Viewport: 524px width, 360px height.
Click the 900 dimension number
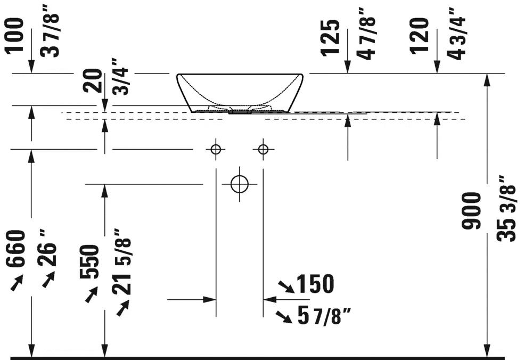[471, 211]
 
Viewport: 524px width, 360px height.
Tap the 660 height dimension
[16, 248]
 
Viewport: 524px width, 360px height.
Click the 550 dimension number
[89, 261]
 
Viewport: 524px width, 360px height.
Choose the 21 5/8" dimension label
[121, 262]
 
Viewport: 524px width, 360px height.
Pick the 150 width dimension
[315, 284]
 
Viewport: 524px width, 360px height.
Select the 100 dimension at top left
[15, 35]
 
